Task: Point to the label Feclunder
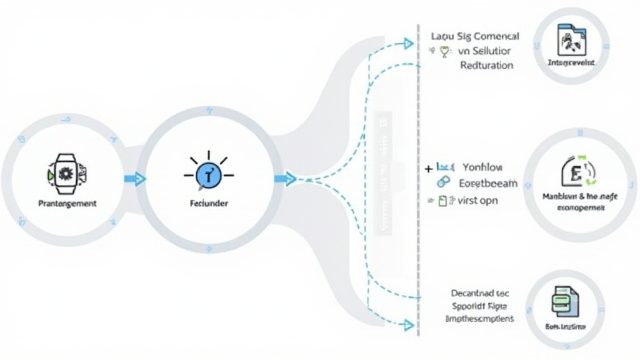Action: pyautogui.click(x=208, y=204)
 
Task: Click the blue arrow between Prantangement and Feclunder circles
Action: pyautogui.click(x=135, y=179)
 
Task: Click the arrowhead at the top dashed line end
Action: pyautogui.click(x=407, y=43)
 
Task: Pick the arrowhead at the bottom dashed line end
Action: pyautogui.click(x=407, y=324)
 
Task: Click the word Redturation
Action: pyautogui.click(x=486, y=65)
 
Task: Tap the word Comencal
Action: pyautogui.click(x=494, y=37)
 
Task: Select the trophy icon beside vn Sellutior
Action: pyautogui.click(x=444, y=52)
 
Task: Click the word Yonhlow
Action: pyautogui.click(x=482, y=167)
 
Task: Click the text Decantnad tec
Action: pyautogui.click(x=480, y=292)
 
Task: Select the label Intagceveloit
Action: pyautogui.click(x=571, y=63)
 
